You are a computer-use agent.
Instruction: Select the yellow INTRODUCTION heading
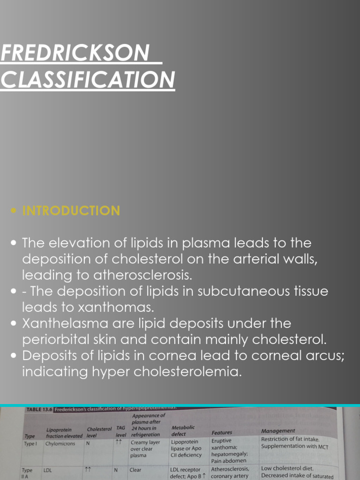click(71, 211)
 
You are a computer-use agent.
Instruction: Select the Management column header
click(278, 430)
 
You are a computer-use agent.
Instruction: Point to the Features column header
click(222, 433)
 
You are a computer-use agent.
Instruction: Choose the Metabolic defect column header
click(183, 431)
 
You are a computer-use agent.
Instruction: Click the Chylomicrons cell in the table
click(60, 443)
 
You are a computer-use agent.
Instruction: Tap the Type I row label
click(31, 443)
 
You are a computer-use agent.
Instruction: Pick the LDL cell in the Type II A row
click(48, 469)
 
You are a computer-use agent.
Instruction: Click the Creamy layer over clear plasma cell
click(145, 448)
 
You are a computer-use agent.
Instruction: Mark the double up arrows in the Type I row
click(120, 441)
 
